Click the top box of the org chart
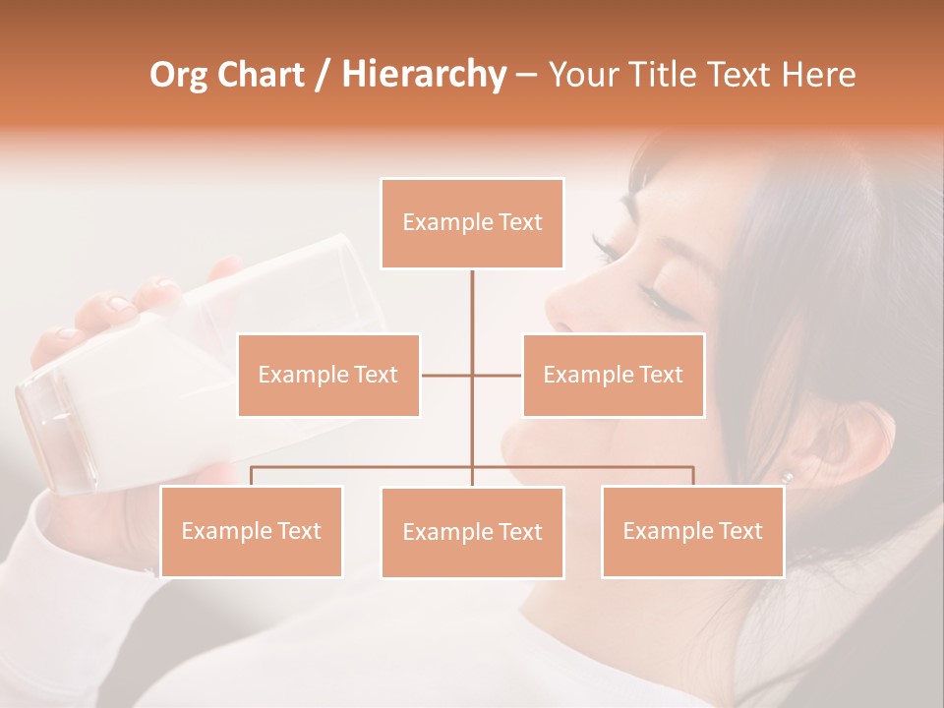[x=472, y=223]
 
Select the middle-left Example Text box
[x=328, y=375]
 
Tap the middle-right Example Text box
[x=613, y=375]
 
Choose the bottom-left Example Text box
[x=251, y=531]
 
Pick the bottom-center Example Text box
[x=472, y=532]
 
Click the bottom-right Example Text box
[x=692, y=531]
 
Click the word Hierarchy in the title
[x=424, y=75]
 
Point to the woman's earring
[x=787, y=476]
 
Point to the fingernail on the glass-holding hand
[x=118, y=304]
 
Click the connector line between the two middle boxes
[x=471, y=375]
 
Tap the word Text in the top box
[x=520, y=222]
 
